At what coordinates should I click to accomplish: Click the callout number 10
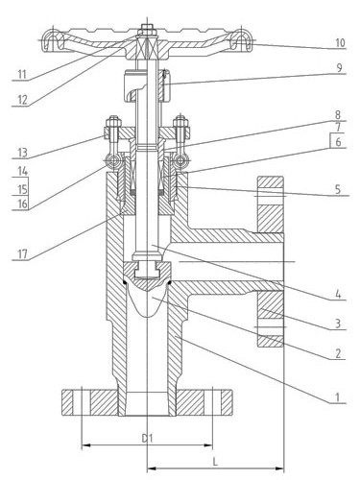click(340, 42)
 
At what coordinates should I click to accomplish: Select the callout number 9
click(339, 68)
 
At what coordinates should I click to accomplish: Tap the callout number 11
click(22, 75)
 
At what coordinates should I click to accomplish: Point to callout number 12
click(22, 100)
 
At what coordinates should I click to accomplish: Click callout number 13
click(22, 153)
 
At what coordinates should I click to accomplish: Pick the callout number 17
click(23, 254)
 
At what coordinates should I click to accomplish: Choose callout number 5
click(338, 189)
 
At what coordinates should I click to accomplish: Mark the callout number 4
click(339, 295)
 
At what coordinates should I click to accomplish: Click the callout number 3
click(338, 324)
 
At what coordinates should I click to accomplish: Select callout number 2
click(338, 353)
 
